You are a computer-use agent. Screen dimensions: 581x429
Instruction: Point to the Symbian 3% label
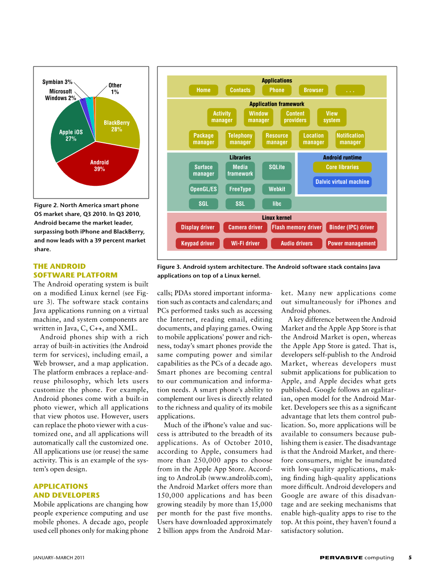58,82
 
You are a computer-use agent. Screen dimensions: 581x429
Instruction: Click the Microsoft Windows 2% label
60,95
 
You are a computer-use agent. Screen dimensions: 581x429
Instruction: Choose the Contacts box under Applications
240,90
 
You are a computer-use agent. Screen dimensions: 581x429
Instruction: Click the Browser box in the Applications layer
313,90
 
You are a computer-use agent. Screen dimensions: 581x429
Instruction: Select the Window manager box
258,117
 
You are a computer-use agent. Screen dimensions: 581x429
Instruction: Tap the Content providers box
295,117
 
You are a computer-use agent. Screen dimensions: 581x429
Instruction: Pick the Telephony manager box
240,139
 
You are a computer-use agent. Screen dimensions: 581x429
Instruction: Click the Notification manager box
350,139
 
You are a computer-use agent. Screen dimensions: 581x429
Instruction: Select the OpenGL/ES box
203,189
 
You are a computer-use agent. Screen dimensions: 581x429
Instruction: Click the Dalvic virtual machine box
342,182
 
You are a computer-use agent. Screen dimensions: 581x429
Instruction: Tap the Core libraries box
342,167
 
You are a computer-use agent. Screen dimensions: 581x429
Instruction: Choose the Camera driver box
245,227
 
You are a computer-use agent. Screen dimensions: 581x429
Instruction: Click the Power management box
352,243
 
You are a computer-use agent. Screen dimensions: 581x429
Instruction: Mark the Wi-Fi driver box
245,243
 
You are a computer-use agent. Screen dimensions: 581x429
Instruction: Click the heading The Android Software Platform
75,271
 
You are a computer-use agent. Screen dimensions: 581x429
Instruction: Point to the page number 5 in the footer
410,557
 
